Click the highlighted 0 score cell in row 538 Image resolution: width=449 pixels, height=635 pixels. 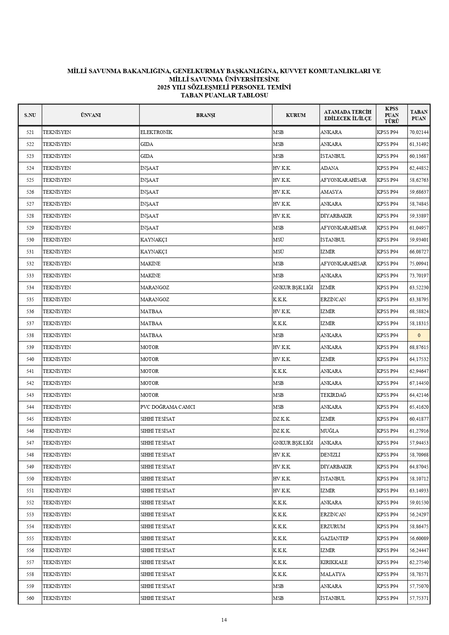pos(419,335)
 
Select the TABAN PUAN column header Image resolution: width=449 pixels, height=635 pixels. pos(419,115)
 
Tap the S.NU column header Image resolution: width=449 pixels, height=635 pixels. pos(30,115)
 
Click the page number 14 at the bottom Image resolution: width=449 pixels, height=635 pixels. pos(224,620)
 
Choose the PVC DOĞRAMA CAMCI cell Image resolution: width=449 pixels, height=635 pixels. pos(168,407)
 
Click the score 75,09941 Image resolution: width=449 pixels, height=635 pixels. pos(419,264)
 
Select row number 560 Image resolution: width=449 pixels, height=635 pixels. pos(30,598)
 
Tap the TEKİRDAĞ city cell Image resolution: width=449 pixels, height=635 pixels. pos(333,395)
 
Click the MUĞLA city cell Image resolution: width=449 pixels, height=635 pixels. pos(330,431)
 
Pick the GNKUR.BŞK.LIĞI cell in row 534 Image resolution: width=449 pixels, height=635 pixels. pos(293,287)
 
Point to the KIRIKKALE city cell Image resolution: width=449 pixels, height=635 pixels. pos(334,562)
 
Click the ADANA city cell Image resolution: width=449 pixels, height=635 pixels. pos(329,168)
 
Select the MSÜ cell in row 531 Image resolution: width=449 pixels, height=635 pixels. pos(278,252)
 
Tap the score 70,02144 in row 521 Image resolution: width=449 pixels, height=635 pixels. pos(419,132)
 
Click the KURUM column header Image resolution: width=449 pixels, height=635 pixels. pos(295,115)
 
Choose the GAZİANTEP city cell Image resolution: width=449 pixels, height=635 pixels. pos(334,538)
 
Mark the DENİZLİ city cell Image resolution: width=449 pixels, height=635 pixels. pos(330,455)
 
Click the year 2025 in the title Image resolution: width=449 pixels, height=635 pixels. pos(164,87)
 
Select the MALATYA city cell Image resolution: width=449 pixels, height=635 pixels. pos(333,574)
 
